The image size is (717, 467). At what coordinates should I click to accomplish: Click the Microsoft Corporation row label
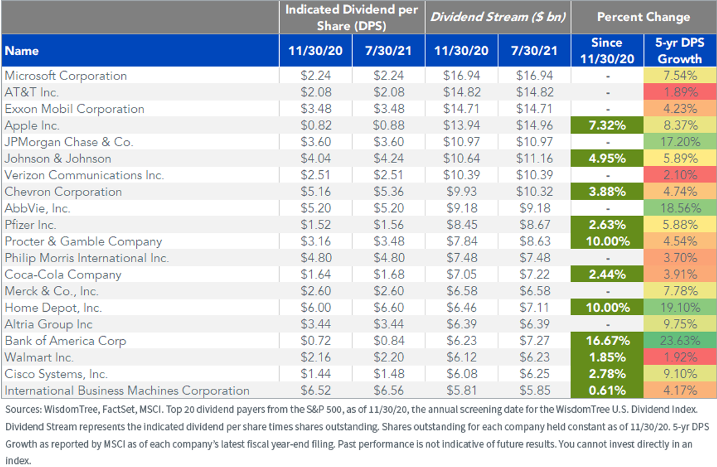(x=66, y=76)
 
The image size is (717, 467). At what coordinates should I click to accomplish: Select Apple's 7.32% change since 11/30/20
(x=607, y=125)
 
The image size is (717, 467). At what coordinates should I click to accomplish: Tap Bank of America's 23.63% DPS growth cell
(x=680, y=340)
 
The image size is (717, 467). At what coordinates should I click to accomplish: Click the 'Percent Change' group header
(x=644, y=17)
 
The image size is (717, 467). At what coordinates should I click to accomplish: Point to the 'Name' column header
(x=22, y=51)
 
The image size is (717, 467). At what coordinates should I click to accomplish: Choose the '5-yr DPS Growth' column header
(x=680, y=51)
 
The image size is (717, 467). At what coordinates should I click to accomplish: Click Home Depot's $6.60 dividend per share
(x=389, y=308)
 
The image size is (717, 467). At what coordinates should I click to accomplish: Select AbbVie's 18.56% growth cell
(x=680, y=208)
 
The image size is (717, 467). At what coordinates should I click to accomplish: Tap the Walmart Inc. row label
(x=39, y=357)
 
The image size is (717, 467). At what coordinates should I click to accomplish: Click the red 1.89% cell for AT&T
(x=680, y=92)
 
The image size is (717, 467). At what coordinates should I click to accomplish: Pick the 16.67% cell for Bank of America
(x=607, y=340)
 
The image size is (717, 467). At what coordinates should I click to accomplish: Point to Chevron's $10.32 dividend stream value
(x=534, y=192)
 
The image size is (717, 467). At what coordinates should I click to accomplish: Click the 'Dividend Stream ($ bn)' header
(x=498, y=17)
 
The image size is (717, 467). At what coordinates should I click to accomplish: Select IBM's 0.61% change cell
(x=607, y=390)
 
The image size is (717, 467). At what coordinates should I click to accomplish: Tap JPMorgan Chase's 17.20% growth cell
(x=680, y=142)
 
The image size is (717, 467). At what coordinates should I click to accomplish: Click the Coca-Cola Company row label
(x=63, y=275)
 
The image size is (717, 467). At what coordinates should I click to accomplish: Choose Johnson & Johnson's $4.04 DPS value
(x=315, y=158)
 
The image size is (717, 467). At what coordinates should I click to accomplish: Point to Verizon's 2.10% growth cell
(x=680, y=175)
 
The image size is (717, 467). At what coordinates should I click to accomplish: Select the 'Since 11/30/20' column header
(x=607, y=51)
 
